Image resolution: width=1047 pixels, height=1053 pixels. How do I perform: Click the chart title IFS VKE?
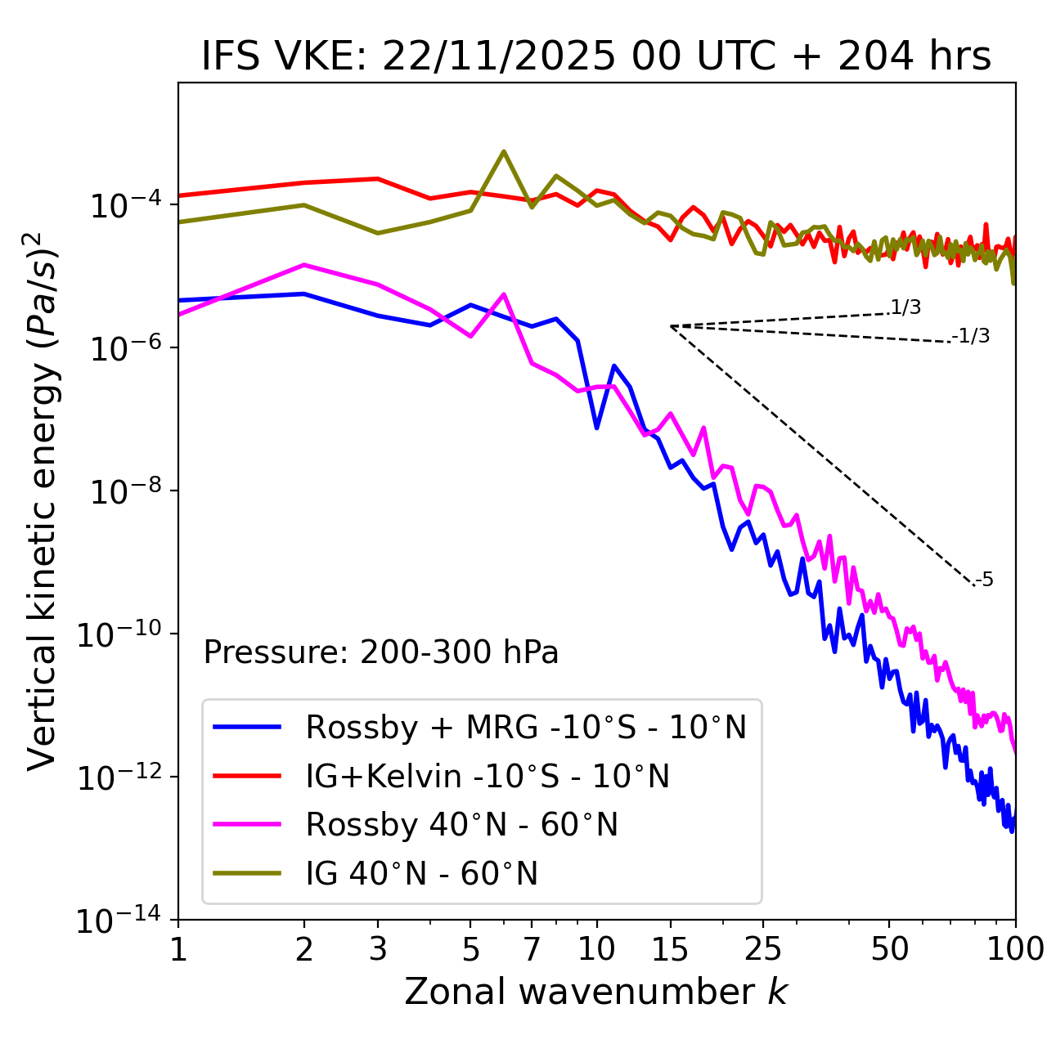[596, 56]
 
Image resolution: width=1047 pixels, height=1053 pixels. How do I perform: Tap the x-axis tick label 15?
[670, 949]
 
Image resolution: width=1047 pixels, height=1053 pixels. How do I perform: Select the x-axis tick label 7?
[532, 949]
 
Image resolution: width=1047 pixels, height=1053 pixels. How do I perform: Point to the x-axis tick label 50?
[889, 949]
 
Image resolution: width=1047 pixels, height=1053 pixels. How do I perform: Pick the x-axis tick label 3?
[378, 949]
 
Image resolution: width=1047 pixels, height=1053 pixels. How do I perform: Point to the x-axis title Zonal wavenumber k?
[596, 992]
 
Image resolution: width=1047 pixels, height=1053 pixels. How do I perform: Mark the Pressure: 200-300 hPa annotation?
[381, 652]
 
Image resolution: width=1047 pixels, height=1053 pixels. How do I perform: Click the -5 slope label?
[985, 580]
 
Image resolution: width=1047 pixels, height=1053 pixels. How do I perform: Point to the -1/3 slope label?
[972, 336]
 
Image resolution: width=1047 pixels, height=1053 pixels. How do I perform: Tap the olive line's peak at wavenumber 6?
[504, 151]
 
